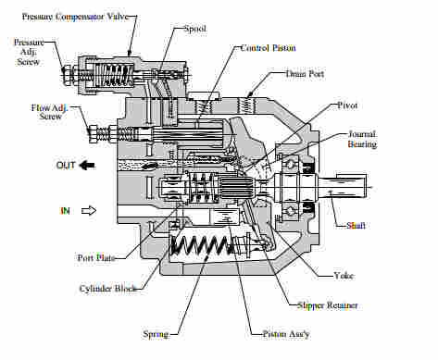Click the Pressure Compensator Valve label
(75, 17)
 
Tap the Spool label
(195, 29)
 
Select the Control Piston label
(268, 48)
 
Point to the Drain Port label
(305, 74)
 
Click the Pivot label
(347, 106)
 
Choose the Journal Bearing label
(362, 139)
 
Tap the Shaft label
(356, 226)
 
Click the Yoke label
(344, 276)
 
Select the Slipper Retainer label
(327, 305)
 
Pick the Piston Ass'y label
(286, 334)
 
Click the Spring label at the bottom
(156, 334)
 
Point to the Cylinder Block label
(107, 289)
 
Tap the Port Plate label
(96, 257)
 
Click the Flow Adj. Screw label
(49, 112)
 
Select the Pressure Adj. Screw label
(29, 52)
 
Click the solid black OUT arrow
(87, 166)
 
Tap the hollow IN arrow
(89, 211)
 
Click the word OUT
(66, 166)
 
